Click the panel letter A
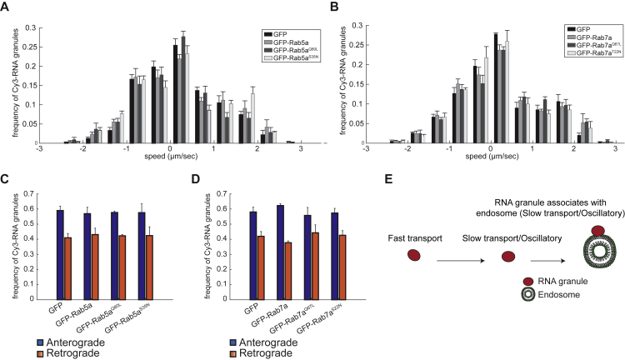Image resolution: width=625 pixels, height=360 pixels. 7,9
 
